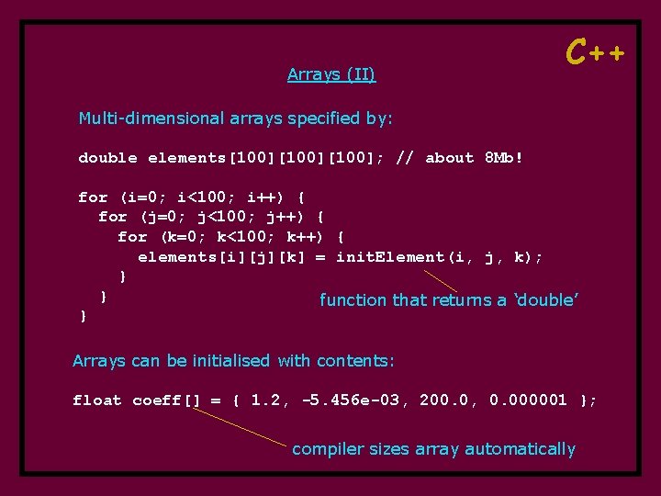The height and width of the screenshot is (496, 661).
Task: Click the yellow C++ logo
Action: (596, 52)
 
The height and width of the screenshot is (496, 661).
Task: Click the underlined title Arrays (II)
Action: (331, 74)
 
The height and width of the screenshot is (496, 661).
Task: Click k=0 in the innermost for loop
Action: (182, 237)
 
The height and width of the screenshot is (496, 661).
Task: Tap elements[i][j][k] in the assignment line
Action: (221, 257)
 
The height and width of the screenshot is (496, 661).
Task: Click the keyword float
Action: (97, 400)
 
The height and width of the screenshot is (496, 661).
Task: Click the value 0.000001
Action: (528, 400)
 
